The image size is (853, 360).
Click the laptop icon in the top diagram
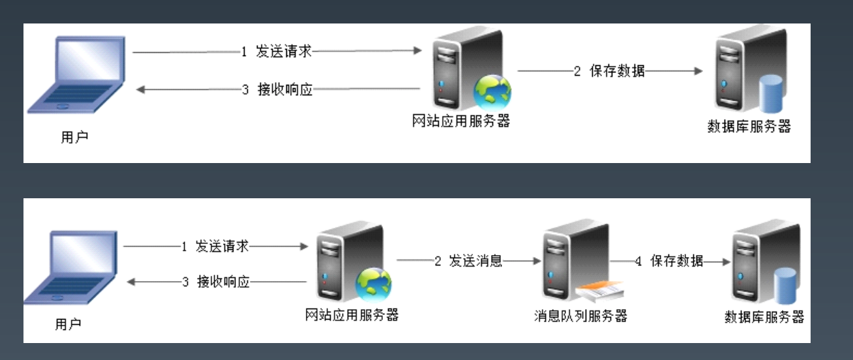(76, 74)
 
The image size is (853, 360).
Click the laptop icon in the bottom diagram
(70, 267)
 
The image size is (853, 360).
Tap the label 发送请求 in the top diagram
(284, 51)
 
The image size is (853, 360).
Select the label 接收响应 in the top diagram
(285, 89)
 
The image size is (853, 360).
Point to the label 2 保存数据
(609, 71)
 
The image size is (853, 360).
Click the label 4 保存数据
(669, 261)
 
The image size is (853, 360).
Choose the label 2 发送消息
(468, 261)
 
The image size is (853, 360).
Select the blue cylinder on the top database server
(771, 94)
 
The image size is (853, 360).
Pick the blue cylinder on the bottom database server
(785, 286)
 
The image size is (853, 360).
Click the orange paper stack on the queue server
(600, 292)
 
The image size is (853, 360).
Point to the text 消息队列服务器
(580, 316)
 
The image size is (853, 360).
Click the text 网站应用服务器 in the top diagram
(461, 121)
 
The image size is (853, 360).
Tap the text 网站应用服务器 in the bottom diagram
(352, 315)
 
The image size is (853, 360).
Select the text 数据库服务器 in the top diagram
(749, 127)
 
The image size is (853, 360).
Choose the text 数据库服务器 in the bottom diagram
(764, 317)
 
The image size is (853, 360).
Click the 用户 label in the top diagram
(74, 137)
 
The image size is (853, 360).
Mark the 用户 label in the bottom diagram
(68, 324)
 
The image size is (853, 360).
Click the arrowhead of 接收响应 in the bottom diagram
(131, 282)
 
